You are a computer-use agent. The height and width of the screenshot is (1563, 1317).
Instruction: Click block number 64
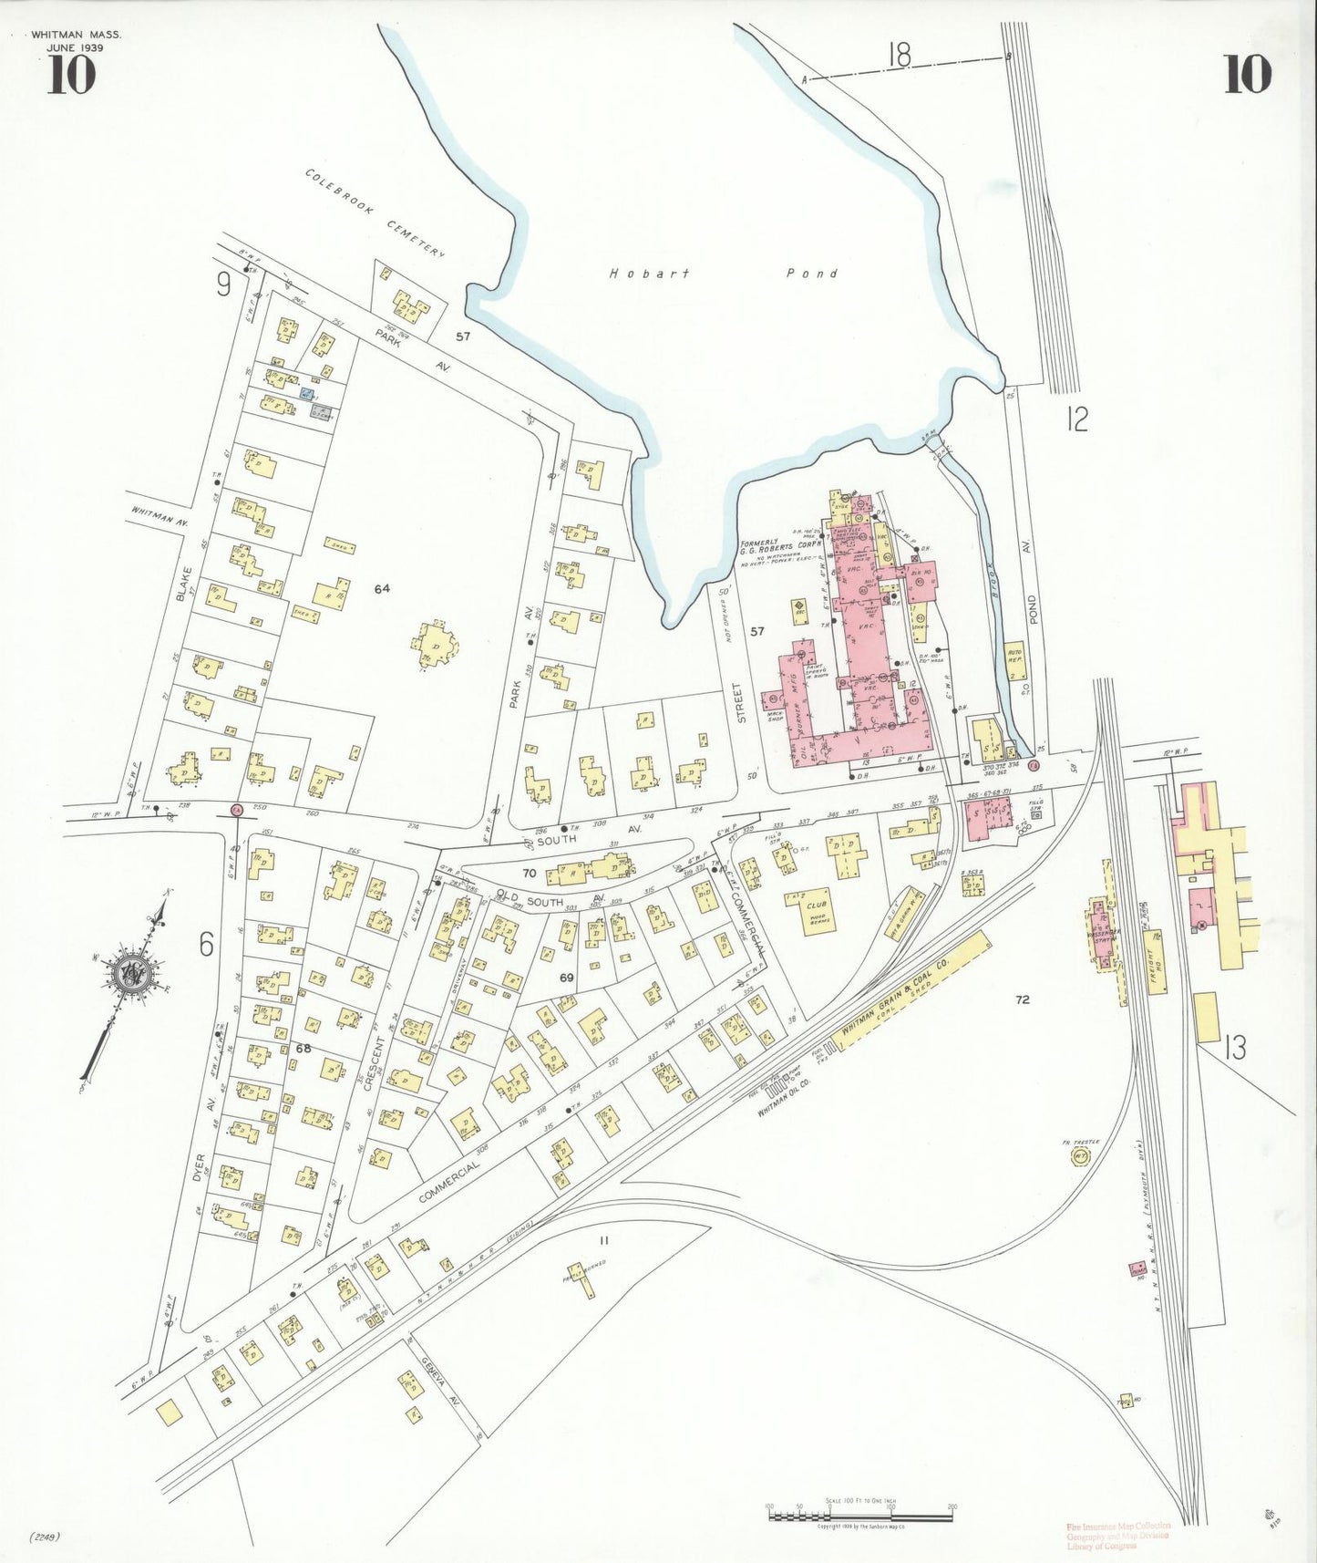381,588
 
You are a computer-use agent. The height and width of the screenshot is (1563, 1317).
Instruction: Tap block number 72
1022,999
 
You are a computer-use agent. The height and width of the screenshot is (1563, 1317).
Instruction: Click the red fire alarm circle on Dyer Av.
235,809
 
